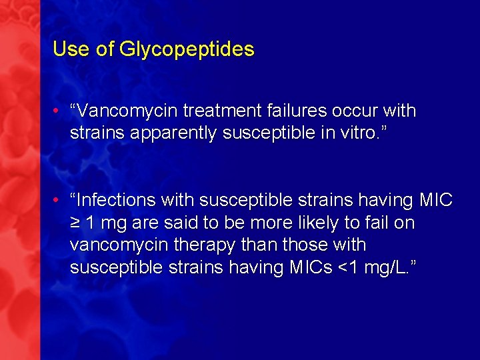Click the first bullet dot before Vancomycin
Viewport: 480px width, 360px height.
(59, 111)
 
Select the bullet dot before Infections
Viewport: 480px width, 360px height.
(59, 200)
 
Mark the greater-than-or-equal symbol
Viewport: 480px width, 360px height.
(75, 223)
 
